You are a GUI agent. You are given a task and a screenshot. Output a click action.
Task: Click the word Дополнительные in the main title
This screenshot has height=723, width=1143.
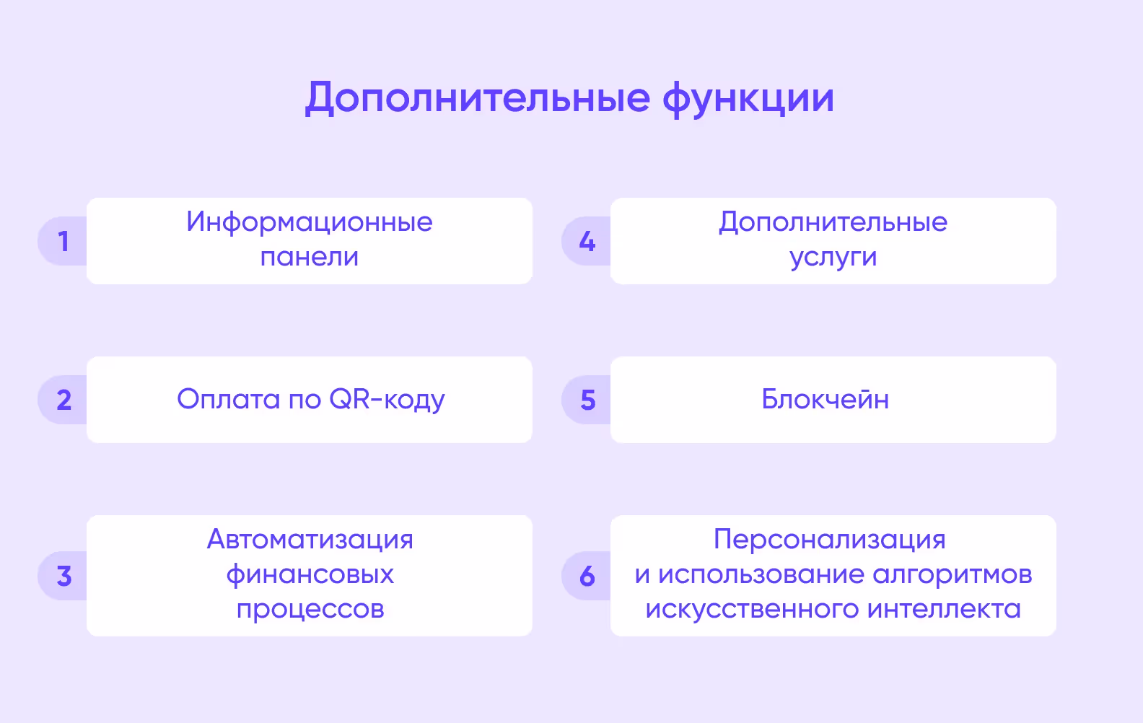click(x=477, y=98)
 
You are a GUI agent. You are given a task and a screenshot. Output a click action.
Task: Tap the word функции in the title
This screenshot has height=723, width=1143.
click(x=748, y=100)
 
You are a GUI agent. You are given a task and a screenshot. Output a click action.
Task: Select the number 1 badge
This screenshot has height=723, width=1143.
click(x=63, y=241)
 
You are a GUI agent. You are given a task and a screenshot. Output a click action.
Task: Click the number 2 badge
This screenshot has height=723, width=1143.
click(x=63, y=400)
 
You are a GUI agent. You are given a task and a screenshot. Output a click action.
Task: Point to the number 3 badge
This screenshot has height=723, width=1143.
click(x=63, y=576)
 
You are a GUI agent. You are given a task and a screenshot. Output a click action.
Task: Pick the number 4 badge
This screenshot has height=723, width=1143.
click(x=587, y=241)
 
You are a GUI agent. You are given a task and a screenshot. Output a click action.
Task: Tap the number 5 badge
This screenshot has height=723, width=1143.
click(x=587, y=400)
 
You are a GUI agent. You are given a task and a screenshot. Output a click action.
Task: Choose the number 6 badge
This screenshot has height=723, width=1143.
click(x=587, y=576)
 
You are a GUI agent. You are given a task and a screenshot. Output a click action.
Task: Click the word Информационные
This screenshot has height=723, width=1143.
click(x=310, y=222)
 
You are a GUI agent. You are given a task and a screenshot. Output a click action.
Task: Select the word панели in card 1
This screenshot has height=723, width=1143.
click(x=310, y=257)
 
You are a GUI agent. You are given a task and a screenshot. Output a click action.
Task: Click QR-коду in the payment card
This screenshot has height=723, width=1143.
click(x=387, y=400)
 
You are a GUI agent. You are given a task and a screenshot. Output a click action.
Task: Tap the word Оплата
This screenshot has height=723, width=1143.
click(x=228, y=399)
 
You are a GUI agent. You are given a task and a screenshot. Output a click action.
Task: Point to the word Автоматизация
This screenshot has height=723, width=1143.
click(x=310, y=540)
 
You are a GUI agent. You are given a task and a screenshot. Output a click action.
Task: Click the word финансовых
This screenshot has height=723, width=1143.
click(x=310, y=575)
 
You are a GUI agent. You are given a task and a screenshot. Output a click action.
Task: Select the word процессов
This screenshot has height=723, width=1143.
click(x=310, y=610)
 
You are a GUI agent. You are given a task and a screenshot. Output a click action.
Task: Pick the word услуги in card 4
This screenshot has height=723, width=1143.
click(x=833, y=258)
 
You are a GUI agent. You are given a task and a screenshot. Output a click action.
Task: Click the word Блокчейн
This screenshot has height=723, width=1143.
click(x=825, y=399)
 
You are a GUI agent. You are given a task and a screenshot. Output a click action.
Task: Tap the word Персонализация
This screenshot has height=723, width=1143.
click(x=830, y=540)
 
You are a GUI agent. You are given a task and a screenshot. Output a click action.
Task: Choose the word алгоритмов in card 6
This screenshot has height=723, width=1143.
click(x=952, y=575)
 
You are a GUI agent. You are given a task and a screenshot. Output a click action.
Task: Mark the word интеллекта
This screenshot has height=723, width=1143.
click(x=944, y=609)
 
